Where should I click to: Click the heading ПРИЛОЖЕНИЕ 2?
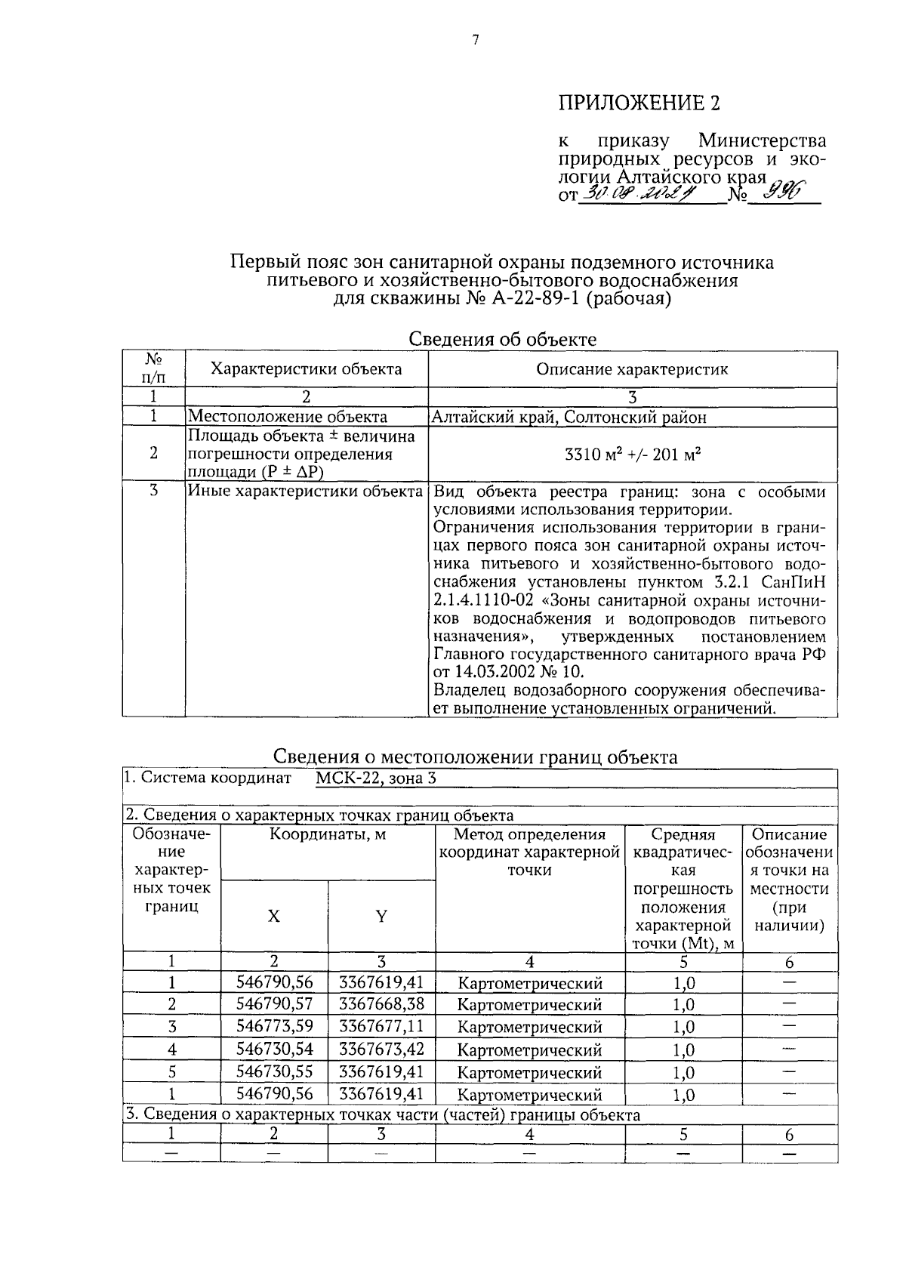click(639, 103)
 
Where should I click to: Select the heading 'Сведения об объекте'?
click(502, 339)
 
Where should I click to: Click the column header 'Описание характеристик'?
click(632, 369)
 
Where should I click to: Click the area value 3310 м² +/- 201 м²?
click(633, 455)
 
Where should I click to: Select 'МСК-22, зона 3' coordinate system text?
click(375, 778)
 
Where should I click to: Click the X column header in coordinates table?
click(274, 917)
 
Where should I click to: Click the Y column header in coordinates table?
click(381, 917)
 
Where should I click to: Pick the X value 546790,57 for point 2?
click(274, 1004)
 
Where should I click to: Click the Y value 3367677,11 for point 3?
click(381, 1026)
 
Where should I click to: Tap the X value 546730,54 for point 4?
click(274, 1049)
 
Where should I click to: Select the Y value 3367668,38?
click(381, 1004)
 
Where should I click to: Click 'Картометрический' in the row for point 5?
click(530, 1072)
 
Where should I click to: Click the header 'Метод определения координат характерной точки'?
click(530, 852)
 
